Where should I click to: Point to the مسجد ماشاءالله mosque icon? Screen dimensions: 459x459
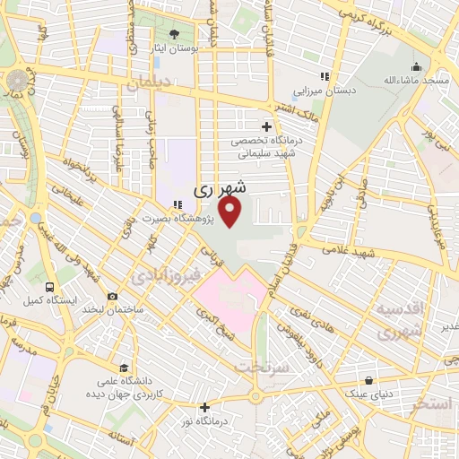416,67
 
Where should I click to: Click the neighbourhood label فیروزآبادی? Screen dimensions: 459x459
160,277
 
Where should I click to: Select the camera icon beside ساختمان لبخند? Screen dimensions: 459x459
111,297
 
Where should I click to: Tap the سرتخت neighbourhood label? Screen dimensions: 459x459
259,367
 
